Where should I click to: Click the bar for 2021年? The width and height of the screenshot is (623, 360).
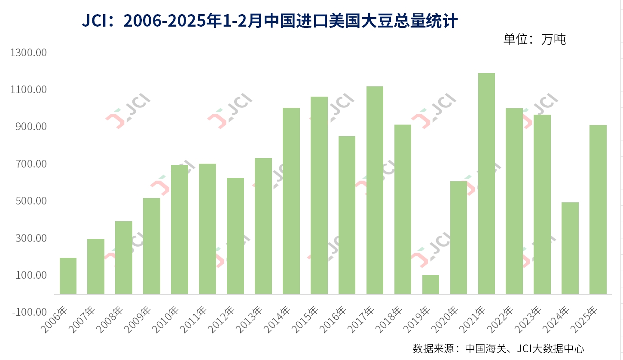[486, 183]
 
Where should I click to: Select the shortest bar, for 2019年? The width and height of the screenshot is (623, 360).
[431, 284]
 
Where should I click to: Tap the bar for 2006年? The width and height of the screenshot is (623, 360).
[68, 276]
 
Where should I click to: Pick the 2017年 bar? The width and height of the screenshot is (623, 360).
[375, 190]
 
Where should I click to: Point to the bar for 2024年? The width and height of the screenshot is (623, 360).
[570, 248]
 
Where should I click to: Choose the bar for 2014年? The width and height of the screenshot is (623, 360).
[291, 201]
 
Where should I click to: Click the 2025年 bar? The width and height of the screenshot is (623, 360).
[598, 209]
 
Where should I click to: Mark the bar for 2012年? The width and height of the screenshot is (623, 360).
[235, 236]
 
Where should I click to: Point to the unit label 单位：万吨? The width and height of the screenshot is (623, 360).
[534, 39]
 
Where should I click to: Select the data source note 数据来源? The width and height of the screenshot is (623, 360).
[498, 348]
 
